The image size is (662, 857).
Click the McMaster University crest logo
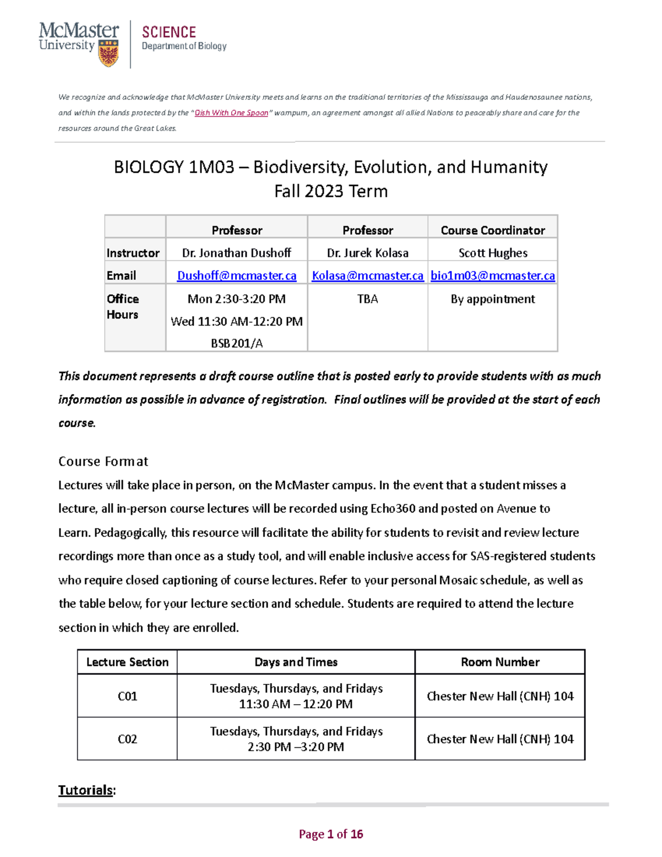coord(108,54)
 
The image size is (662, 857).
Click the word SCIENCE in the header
coord(169,33)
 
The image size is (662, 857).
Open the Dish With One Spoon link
coord(231,113)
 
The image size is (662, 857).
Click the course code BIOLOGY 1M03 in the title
coord(174,167)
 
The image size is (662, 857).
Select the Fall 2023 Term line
coord(331,191)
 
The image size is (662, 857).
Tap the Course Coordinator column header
coord(493,230)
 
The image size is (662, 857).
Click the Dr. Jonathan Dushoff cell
coord(237,253)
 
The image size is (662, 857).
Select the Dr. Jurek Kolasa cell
coord(367,253)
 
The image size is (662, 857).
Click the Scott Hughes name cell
coord(493,253)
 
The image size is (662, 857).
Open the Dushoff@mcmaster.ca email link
coord(237,275)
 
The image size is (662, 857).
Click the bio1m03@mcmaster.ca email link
coord(493,275)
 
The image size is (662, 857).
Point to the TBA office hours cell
coord(367,299)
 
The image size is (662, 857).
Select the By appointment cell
coord(493,299)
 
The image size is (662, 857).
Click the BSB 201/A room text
coord(237,343)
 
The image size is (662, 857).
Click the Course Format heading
coord(103,461)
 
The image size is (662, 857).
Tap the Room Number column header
coord(500,662)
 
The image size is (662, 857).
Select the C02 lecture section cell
coord(127,739)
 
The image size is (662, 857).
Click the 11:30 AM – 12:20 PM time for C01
coord(296,704)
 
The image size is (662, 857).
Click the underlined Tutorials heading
coord(86,790)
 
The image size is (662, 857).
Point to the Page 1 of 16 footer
coord(331,834)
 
